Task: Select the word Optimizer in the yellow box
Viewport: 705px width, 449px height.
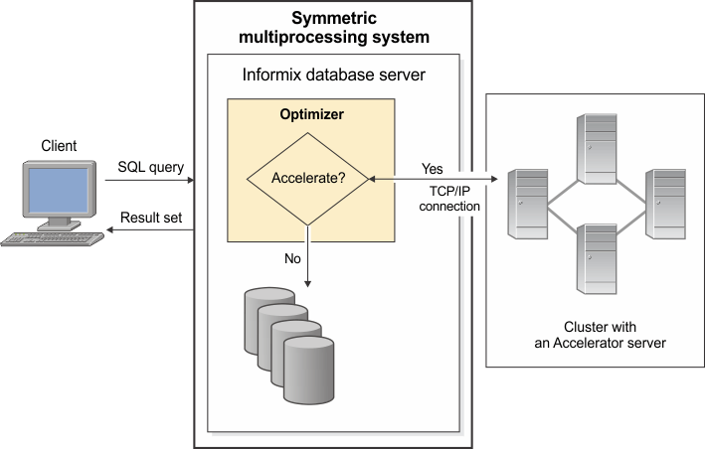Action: click(x=311, y=115)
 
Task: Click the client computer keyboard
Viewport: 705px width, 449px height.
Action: click(x=50, y=238)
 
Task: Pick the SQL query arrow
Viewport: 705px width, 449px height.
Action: click(x=149, y=181)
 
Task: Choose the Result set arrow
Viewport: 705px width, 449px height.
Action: click(x=149, y=230)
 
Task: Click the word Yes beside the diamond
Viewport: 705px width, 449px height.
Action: click(x=433, y=168)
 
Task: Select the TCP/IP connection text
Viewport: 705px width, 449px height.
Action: click(x=449, y=199)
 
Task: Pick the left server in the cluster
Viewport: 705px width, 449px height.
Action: click(x=526, y=204)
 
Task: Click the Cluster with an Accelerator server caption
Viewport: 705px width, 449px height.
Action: click(x=593, y=334)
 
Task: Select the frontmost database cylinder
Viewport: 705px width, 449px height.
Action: click(x=309, y=368)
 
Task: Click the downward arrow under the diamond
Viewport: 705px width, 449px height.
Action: click(x=308, y=253)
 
